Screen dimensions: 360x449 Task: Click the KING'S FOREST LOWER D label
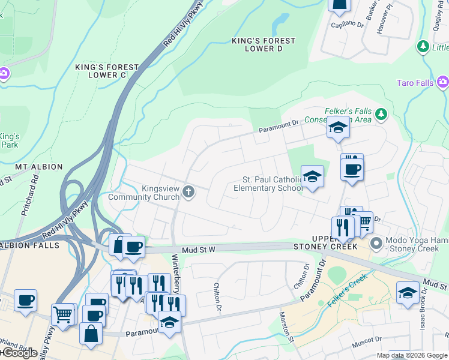point(264,44)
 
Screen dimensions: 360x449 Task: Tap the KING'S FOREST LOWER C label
point(106,71)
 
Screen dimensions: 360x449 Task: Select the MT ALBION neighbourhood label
point(39,167)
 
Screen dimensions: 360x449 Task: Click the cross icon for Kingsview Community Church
point(188,192)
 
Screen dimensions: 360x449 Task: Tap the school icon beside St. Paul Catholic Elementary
point(312,176)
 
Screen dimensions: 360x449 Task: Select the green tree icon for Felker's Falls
point(381,113)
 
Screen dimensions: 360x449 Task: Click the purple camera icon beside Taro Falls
point(443,81)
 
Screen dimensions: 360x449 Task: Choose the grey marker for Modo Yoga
point(376,243)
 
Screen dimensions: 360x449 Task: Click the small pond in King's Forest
point(280,25)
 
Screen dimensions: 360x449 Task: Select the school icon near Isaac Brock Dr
point(408,293)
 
